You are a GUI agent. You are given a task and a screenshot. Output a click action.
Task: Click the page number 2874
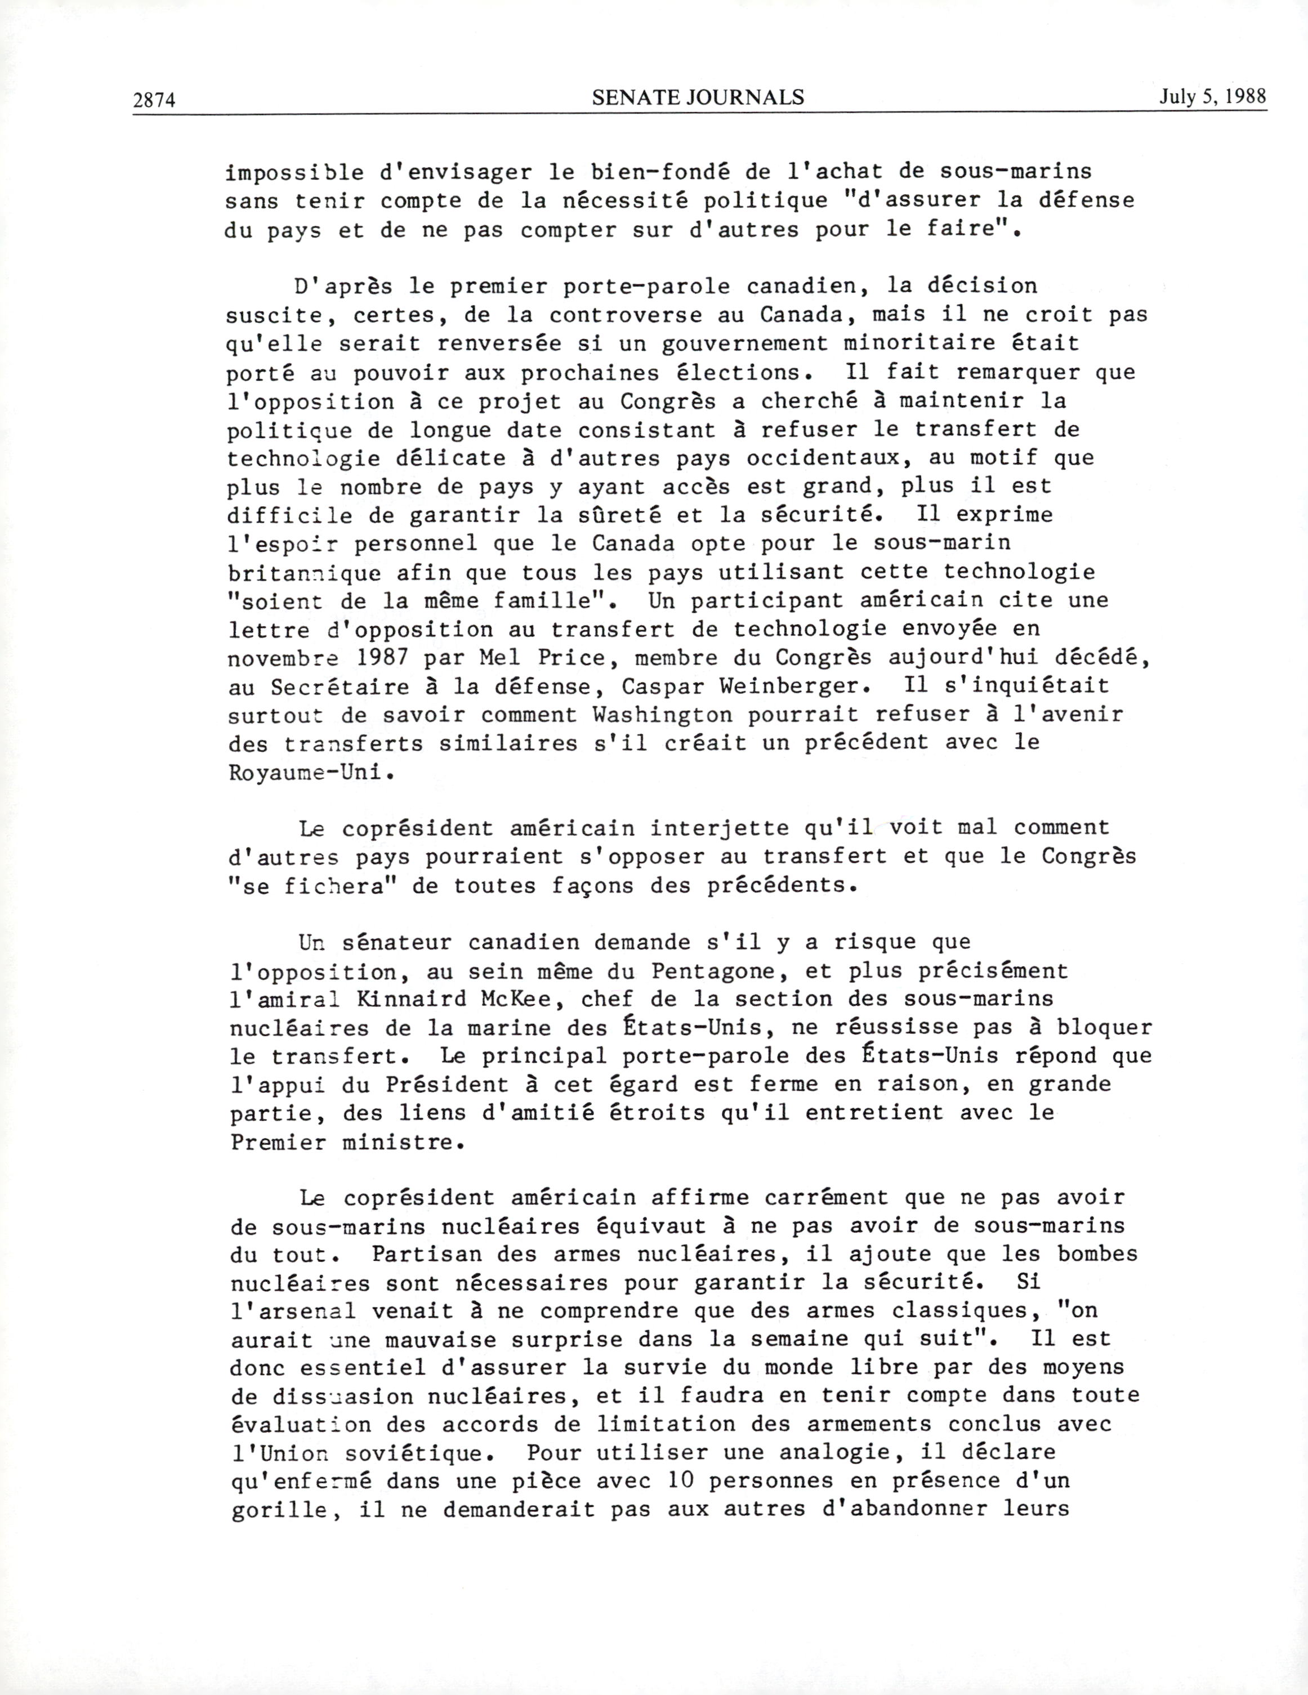(155, 99)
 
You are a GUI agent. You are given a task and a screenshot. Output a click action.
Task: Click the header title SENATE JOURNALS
(698, 97)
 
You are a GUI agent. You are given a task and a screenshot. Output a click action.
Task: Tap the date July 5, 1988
(1213, 96)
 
